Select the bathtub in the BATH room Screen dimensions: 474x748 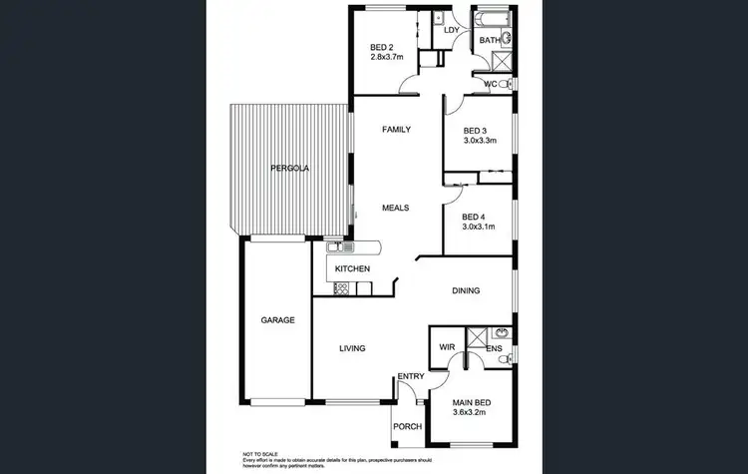pos(494,20)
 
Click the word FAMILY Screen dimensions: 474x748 pos(397,129)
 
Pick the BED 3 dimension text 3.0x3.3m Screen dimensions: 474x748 pos(482,141)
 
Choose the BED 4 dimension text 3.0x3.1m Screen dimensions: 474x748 pos(481,227)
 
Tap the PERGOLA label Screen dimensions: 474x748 pos(290,169)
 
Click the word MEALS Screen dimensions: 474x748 pos(397,208)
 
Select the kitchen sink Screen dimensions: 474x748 pos(336,246)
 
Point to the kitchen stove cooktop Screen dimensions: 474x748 pos(340,288)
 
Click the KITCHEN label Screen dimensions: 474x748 pos(353,269)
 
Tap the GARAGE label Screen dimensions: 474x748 pos(277,320)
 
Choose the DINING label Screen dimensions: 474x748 pos(466,290)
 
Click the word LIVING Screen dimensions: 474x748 pos(352,348)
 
